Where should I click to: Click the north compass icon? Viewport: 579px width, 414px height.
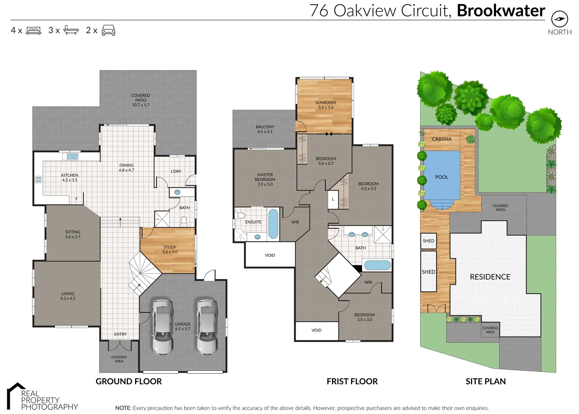559,19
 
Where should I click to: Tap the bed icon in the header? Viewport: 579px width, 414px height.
34,31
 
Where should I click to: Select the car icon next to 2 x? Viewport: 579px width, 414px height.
108,31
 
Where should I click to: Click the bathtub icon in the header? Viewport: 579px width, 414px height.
71,30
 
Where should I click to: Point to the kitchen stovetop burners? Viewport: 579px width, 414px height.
39,179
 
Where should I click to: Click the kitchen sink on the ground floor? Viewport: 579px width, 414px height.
72,156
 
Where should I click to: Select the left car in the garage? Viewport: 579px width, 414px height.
163,327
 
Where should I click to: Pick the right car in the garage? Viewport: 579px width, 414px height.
207,327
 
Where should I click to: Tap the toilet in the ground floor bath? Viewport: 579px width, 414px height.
184,222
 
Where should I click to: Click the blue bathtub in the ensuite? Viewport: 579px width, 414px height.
273,223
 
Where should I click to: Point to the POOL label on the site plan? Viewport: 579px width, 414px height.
442,177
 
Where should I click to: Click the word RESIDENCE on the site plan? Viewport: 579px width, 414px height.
490,277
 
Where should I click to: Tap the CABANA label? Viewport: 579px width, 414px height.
442,139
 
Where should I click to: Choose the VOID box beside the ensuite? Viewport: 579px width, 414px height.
270,255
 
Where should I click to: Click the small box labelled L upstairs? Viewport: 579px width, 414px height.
333,200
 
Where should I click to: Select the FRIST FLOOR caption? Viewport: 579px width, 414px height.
352,381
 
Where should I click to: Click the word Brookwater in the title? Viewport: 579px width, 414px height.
501,10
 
